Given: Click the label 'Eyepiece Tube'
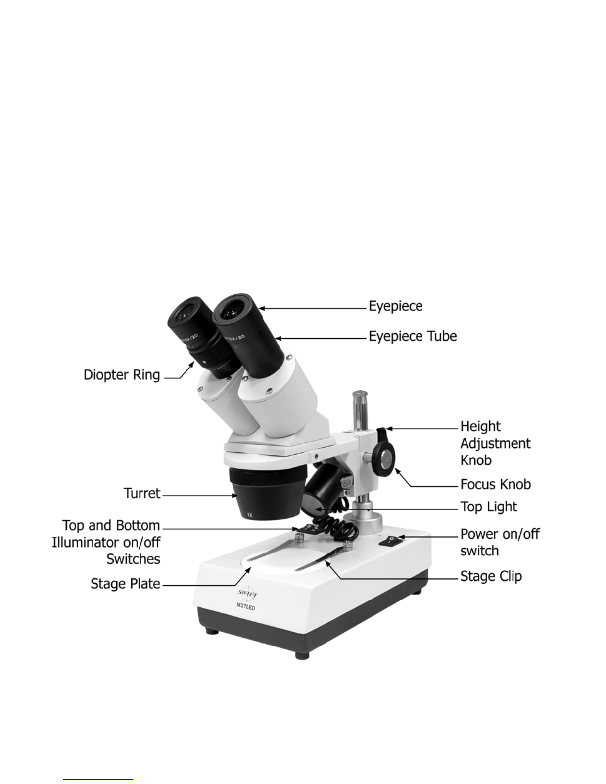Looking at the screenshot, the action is [x=413, y=336].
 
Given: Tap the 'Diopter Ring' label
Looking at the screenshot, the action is [x=122, y=375].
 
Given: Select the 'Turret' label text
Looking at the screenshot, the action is [x=142, y=493].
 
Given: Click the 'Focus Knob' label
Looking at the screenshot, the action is [x=496, y=484].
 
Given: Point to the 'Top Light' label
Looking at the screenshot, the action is [x=489, y=507].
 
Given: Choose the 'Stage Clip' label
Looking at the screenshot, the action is [x=491, y=576].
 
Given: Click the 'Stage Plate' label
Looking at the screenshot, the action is [x=125, y=584].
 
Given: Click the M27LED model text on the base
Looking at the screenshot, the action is [x=246, y=607].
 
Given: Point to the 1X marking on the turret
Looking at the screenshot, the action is [x=250, y=515].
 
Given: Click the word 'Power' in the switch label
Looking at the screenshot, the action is [x=477, y=534].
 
